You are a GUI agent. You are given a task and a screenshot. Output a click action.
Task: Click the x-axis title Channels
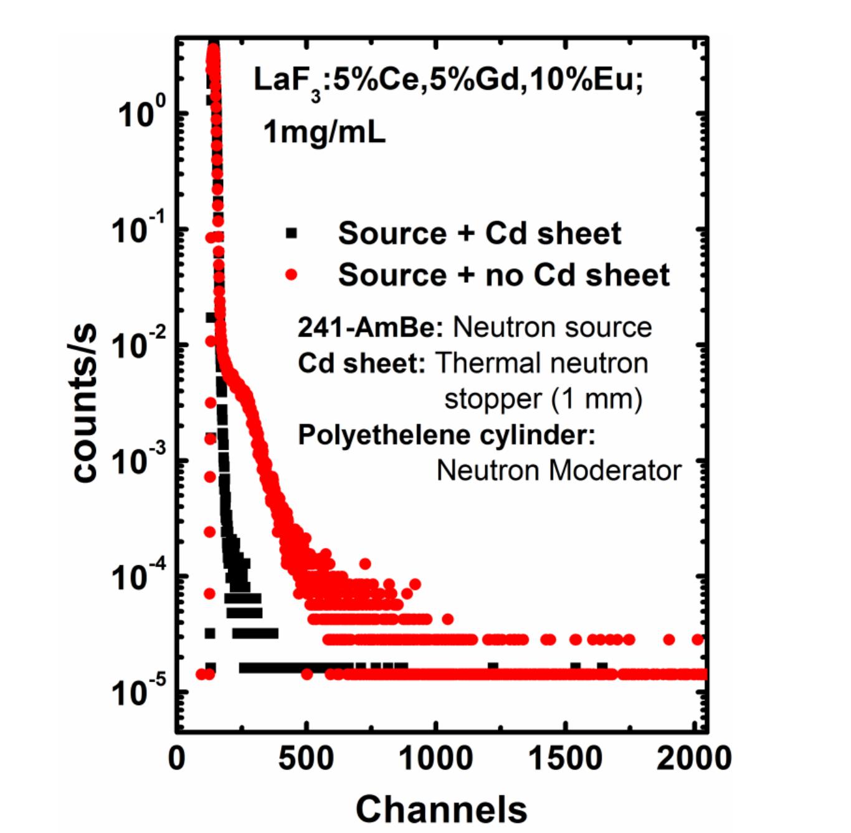441,808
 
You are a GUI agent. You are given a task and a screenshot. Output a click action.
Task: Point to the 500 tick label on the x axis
306,758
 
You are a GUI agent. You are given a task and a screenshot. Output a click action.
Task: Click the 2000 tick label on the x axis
693,758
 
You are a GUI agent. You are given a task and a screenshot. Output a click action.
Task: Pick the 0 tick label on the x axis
178,758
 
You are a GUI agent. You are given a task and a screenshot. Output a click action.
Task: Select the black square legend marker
291,234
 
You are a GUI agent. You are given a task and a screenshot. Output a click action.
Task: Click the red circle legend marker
291,274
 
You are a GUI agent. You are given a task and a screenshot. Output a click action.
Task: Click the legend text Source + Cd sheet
479,234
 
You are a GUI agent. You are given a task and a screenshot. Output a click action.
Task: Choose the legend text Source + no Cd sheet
503,274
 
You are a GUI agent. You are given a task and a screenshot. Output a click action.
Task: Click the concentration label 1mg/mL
324,132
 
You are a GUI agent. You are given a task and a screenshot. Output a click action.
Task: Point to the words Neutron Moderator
558,470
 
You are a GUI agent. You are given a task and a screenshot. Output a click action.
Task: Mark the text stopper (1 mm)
543,399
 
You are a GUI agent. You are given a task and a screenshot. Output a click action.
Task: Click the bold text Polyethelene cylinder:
446,434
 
